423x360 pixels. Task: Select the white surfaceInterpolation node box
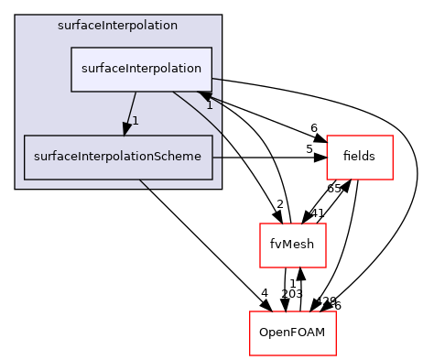[x=142, y=69]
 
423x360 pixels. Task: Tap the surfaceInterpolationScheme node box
[x=118, y=158]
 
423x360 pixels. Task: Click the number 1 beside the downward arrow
[x=135, y=120]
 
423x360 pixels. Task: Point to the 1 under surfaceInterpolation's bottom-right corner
[x=209, y=105]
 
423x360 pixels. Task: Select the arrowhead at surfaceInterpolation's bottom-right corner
[x=206, y=94]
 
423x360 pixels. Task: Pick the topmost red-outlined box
[x=360, y=157]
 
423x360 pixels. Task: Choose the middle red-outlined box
[x=293, y=245]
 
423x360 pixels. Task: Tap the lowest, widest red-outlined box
[x=293, y=333]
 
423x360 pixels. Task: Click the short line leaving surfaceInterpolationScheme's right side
[x=217, y=158]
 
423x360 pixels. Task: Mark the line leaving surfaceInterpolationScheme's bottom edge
[x=145, y=185]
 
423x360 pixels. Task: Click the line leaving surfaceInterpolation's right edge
[x=217, y=81]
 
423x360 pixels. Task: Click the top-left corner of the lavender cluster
[x=16, y=16]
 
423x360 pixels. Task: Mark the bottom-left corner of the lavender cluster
[x=16, y=188]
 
